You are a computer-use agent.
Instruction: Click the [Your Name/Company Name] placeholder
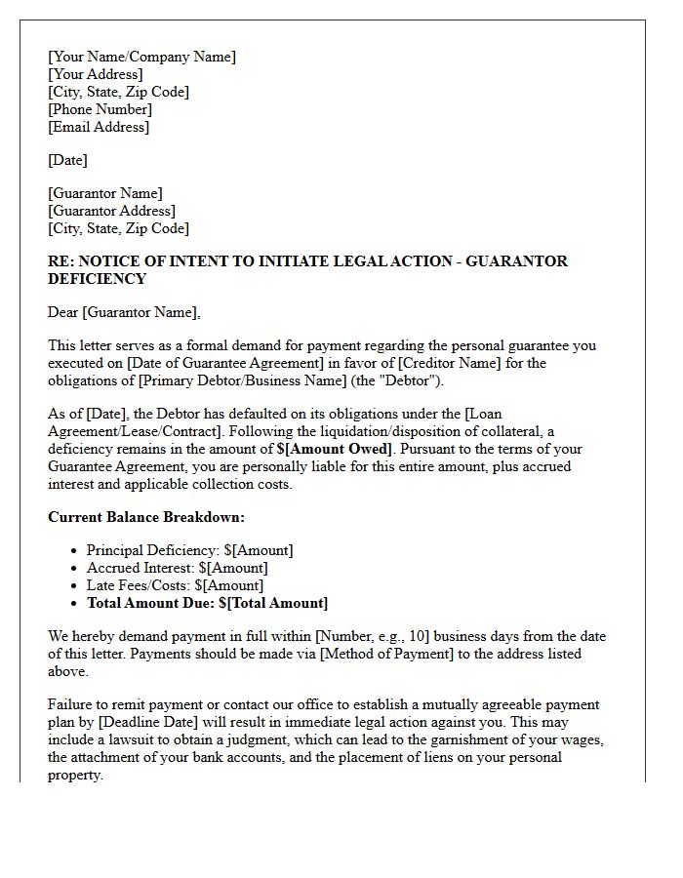click(x=141, y=57)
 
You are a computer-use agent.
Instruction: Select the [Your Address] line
click(x=96, y=74)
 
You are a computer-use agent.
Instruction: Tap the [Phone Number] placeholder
click(x=100, y=109)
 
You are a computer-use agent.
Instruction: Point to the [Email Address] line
click(x=99, y=127)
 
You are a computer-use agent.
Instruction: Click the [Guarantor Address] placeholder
click(x=111, y=211)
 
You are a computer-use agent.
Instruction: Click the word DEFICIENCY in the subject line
click(x=97, y=279)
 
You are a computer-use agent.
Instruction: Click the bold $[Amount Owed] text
click(x=335, y=449)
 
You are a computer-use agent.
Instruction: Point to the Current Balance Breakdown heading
click(x=146, y=517)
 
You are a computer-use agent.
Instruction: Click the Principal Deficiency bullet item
click(x=189, y=550)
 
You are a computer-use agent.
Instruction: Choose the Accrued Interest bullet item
click(x=177, y=568)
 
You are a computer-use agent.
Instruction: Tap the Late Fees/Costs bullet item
click(x=175, y=585)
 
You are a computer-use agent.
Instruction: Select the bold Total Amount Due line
click(x=207, y=603)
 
